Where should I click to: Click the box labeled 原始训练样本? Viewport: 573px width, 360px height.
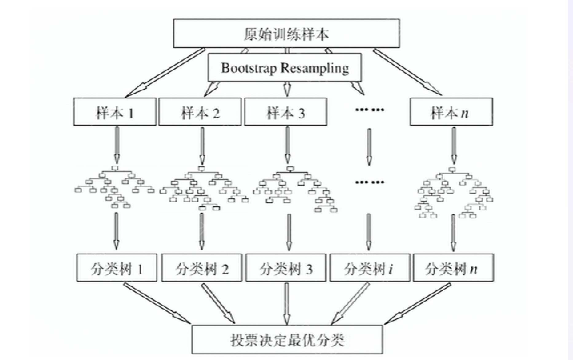[x=286, y=34]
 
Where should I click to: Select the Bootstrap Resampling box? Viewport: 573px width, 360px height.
[x=285, y=68]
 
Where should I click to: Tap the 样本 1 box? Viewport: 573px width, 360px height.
[x=115, y=112]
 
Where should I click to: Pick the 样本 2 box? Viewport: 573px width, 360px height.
[x=200, y=112]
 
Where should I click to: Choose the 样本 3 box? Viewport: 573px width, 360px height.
[x=285, y=112]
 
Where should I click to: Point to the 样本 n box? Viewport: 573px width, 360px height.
[x=451, y=112]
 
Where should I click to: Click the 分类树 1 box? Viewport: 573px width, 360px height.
[x=116, y=268]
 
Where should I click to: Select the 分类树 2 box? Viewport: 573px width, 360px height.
[x=202, y=268]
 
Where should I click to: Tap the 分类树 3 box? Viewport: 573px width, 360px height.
[x=286, y=268]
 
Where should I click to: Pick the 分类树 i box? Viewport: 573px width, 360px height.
[x=370, y=268]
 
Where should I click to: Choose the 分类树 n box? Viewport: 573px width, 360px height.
[x=453, y=268]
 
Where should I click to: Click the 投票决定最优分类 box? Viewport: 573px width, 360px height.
[x=287, y=340]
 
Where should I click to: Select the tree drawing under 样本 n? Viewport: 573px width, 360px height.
[x=454, y=192]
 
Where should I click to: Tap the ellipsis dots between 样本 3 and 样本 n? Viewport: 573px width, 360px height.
[x=370, y=110]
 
